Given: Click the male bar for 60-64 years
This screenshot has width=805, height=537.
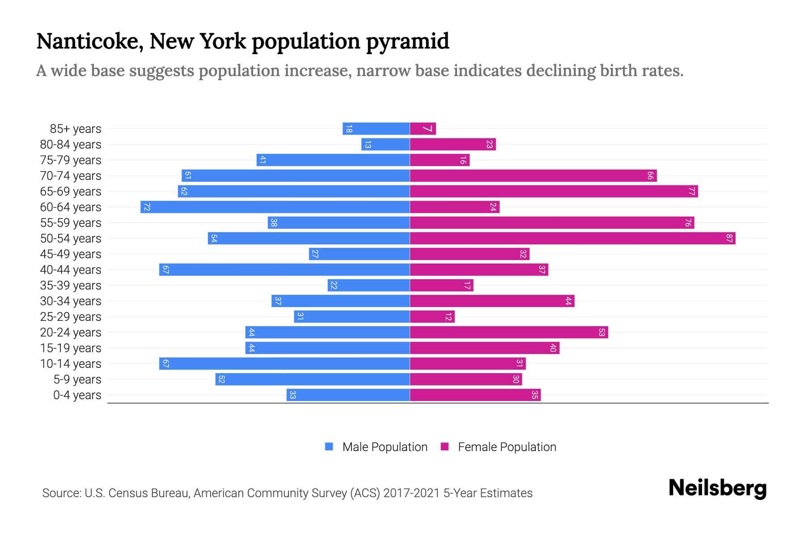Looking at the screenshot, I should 275,207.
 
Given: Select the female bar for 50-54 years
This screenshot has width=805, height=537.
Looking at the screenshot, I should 572,239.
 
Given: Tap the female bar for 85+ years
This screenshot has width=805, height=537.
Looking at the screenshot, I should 423,129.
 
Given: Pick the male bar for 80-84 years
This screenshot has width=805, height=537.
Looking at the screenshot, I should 386,145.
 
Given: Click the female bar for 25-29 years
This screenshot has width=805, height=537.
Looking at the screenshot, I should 432,317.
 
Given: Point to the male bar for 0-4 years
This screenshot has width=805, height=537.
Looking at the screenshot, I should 348,395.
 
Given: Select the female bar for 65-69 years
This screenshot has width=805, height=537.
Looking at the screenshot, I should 554,192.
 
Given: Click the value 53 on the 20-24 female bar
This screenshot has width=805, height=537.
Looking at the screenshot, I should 602,332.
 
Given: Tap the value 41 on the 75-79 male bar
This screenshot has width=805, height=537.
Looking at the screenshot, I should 263,160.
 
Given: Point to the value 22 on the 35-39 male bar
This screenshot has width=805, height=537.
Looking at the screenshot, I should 334,286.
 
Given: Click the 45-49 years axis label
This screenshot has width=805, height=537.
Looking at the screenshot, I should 71,254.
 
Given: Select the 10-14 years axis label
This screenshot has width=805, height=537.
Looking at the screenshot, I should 71,364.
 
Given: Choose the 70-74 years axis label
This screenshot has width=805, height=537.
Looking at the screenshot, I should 71,176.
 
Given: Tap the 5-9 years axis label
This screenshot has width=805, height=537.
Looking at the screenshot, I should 77,379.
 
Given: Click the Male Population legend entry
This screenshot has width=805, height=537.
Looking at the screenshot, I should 385,447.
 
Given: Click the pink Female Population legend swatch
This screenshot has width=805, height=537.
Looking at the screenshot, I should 445,447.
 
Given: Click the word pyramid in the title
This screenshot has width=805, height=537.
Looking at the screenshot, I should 407,41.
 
